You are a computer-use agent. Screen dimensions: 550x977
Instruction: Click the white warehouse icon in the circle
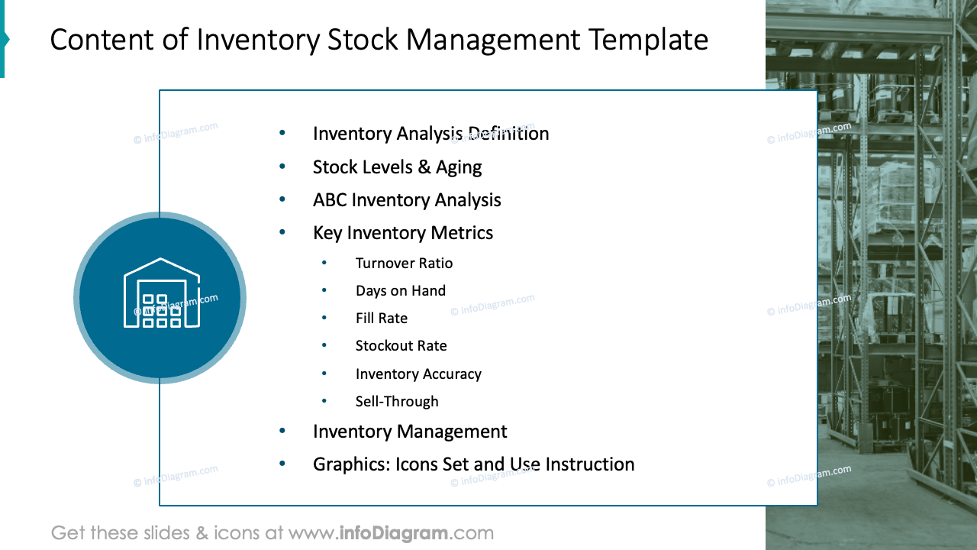pos(161,293)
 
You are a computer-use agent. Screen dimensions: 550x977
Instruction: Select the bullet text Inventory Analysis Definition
pos(430,134)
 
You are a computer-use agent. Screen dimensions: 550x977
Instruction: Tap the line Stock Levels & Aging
pos(397,167)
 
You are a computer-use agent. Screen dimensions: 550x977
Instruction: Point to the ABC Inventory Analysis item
pos(407,200)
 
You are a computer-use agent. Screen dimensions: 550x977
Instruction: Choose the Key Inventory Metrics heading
pos(403,233)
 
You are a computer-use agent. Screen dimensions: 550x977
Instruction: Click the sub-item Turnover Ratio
pos(404,264)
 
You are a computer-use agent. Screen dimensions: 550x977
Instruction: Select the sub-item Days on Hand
pos(400,291)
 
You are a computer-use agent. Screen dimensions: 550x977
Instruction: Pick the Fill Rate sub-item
pos(382,319)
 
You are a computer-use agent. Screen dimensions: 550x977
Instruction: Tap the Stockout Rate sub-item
pos(401,346)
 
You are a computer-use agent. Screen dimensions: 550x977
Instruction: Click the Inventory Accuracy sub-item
pos(418,374)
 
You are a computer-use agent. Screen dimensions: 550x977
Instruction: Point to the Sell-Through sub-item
pos(397,402)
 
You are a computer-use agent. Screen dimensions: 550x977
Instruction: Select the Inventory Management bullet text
pos(410,432)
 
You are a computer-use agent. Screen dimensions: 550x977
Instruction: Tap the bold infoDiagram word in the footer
pos(394,532)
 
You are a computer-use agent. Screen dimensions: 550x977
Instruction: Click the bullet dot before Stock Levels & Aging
pos(282,167)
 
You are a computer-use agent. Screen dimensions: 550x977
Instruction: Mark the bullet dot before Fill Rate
pos(324,318)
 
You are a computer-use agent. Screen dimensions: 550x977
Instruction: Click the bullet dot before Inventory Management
pos(282,431)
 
